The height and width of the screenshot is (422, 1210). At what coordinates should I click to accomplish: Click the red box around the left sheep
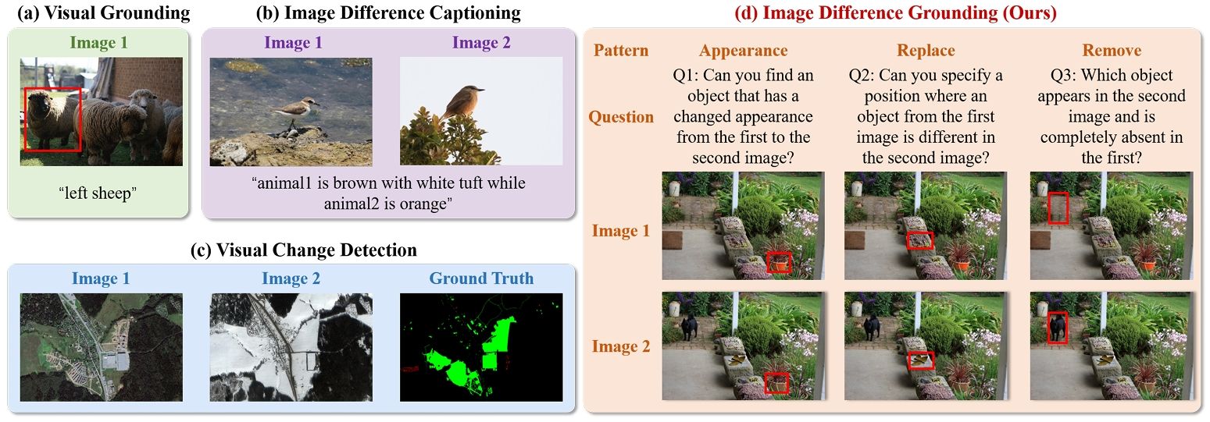[25, 120]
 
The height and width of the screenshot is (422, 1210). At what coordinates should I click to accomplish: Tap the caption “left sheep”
[98, 193]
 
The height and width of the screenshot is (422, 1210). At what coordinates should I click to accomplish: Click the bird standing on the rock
[295, 112]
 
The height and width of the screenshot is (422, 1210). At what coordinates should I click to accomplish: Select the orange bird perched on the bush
[461, 101]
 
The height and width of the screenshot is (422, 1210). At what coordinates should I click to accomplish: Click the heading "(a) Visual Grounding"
[104, 13]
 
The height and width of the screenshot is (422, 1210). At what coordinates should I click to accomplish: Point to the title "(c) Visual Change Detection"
[304, 250]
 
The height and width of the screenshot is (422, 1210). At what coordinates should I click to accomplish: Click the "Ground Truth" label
[481, 278]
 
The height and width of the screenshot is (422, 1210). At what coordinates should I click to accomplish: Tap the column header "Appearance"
[744, 51]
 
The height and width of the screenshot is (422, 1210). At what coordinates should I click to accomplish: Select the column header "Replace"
[926, 50]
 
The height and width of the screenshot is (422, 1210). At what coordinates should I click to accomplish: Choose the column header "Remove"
[1112, 50]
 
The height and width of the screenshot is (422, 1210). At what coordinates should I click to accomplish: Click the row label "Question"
[621, 117]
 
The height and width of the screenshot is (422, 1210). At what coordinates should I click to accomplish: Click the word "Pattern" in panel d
[621, 50]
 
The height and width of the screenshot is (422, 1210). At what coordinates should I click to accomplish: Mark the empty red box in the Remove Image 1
[1048, 207]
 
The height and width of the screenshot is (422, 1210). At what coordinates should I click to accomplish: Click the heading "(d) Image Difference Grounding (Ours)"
[896, 13]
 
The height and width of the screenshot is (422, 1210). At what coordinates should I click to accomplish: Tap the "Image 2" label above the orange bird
[481, 43]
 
